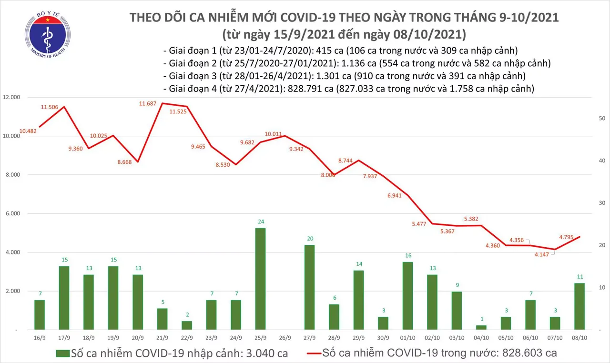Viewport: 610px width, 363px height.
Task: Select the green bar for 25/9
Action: click(x=260, y=278)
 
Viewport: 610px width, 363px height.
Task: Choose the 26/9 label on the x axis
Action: click(x=285, y=337)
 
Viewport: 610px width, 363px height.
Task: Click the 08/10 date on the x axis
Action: click(x=579, y=337)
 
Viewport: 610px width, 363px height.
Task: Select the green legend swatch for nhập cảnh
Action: click(x=62, y=353)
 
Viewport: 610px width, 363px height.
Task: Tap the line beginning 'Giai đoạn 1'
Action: click(x=340, y=50)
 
